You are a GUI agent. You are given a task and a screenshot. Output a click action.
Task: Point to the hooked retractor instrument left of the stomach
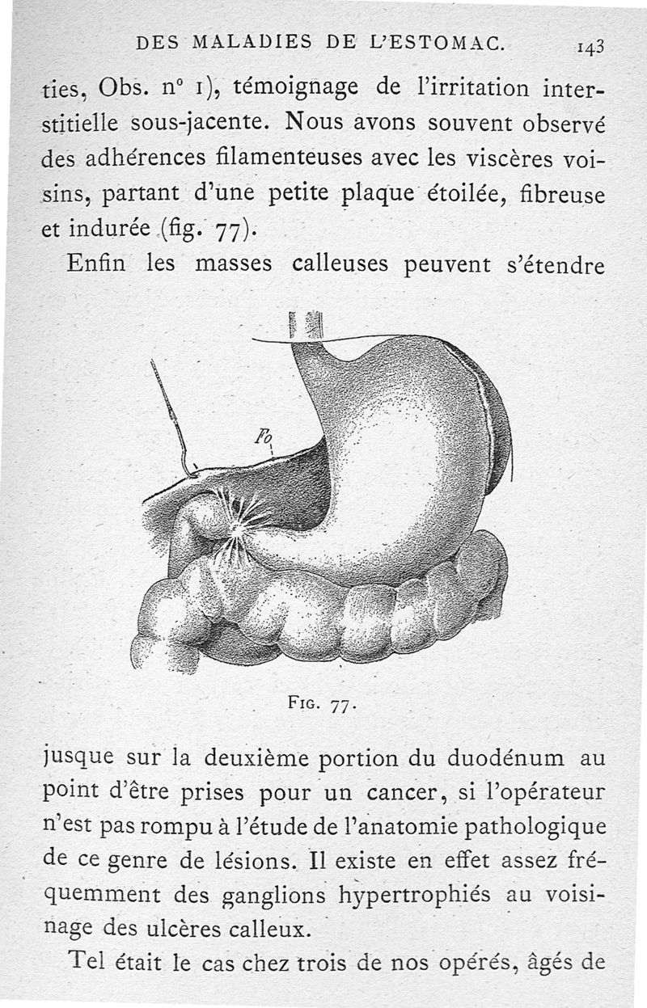pyautogui.click(x=171, y=416)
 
